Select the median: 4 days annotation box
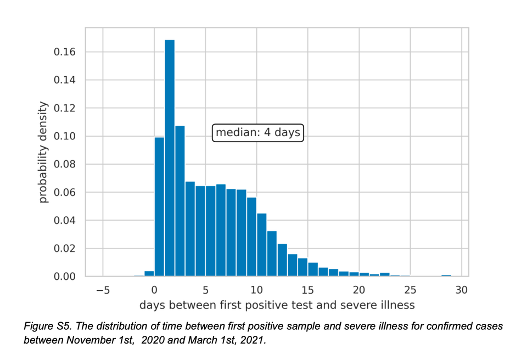pos(258,133)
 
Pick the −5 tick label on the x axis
pos(103,290)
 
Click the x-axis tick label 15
pos(307,290)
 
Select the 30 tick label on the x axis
pos(461,290)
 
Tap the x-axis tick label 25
pos(410,290)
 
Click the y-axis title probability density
pos(44,152)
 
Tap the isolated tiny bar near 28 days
pos(446,275)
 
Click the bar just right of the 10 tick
pos(262,245)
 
